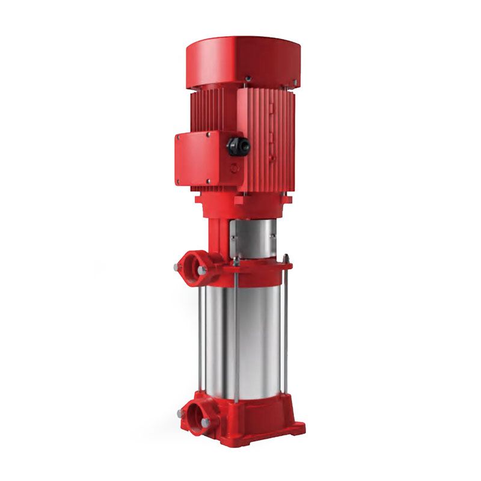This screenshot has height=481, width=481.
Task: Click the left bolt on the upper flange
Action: pos(176,265)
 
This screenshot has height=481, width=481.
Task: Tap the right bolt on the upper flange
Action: pos(202,271)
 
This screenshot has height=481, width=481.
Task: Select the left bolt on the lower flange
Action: pos(180,413)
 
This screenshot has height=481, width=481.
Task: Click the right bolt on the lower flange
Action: pos(206,423)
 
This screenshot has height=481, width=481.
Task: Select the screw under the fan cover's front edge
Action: pos(247,78)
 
